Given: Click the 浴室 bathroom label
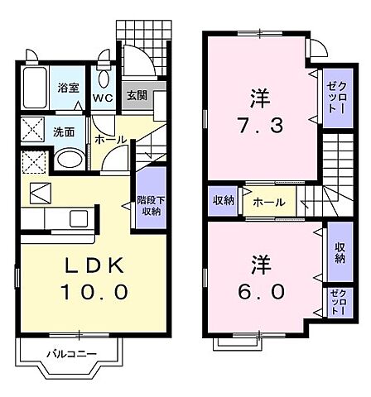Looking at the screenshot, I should (x=68, y=88).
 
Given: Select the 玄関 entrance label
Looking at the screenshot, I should (x=137, y=95).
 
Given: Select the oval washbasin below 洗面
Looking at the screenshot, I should (x=70, y=158).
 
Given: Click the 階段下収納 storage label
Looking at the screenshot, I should (x=149, y=205).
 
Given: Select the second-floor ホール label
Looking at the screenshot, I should (x=270, y=201).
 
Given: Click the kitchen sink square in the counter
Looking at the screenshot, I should (x=80, y=219).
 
